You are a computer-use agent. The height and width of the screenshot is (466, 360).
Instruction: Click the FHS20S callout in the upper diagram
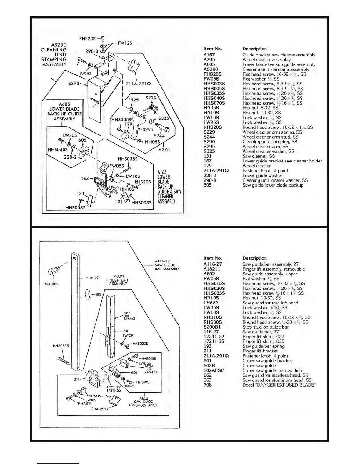coord(87,39)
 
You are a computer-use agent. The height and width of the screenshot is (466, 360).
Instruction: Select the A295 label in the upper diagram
coord(164,150)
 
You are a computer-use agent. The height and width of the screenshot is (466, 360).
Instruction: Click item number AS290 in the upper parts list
coord(211,69)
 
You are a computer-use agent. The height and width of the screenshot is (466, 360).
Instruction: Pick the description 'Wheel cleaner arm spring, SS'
coord(272,132)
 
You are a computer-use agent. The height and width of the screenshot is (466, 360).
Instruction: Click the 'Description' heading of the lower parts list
coord(254,258)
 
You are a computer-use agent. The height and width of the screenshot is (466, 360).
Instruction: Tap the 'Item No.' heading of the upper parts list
coord(213,49)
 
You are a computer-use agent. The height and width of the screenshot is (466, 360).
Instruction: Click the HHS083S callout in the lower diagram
coord(61,346)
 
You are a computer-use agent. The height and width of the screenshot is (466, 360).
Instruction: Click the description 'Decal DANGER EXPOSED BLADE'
coord(279,385)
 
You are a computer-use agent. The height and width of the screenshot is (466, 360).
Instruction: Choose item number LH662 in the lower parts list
coord(211,303)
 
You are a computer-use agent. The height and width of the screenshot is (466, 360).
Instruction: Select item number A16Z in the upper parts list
coord(209,55)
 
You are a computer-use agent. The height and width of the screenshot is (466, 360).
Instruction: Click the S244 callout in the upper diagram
coord(159,136)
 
